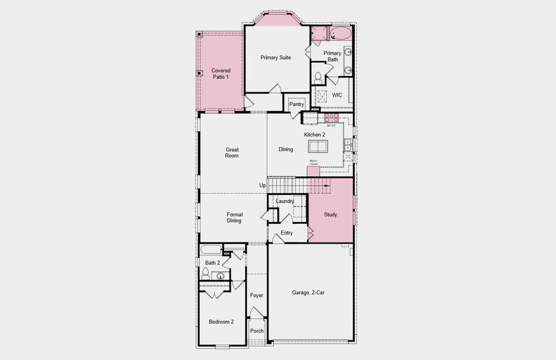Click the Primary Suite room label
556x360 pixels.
[276, 58]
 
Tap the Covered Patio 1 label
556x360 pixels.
[220, 74]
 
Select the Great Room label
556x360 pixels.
[232, 152]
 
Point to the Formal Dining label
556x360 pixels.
[234, 217]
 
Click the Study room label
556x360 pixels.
[330, 214]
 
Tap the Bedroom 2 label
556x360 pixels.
[221, 322]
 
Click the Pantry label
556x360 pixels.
[297, 104]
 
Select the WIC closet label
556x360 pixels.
[337, 95]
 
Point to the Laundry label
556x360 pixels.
[285, 201]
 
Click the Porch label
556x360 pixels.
[257, 331]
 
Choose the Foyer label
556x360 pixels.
[256, 295]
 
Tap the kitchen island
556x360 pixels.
[318, 146]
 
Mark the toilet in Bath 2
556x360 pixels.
[205, 274]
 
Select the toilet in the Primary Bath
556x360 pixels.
[318, 78]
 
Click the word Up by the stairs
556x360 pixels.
[262, 185]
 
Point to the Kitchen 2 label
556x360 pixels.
[314, 134]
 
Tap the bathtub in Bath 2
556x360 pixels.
[210, 250]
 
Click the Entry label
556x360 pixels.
[286, 233]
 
